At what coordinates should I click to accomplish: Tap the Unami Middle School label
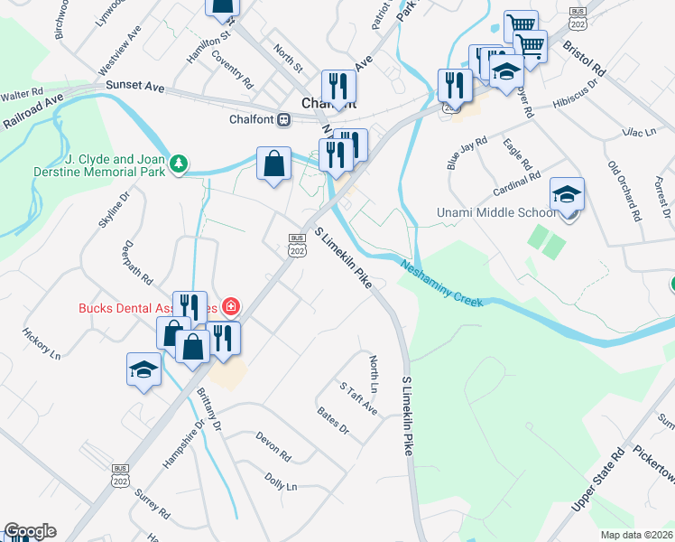491,212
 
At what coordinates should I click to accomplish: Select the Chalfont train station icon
283,119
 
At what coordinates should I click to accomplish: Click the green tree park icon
180,164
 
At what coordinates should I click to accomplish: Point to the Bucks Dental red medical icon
231,306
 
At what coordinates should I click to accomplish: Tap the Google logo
30,531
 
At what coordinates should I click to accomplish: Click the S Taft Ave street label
358,397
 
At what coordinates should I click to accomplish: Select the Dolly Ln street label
281,480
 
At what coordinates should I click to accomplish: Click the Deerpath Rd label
139,262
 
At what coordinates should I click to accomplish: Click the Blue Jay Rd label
467,153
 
